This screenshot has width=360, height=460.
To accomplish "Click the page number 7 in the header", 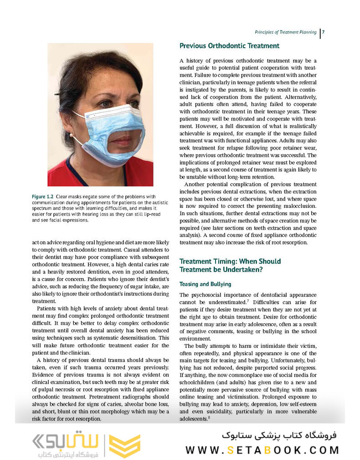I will [x=323, y=32].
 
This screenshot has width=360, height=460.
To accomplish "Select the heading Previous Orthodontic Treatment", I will [x=229, y=46].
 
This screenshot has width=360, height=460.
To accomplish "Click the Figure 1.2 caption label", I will [x=45, y=196].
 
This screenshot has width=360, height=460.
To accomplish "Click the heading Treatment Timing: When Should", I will [x=230, y=261].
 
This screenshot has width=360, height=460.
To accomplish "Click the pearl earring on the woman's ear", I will [x=72, y=136].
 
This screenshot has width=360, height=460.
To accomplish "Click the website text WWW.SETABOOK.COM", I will [x=262, y=450].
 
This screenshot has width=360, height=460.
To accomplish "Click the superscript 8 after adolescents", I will [x=209, y=417].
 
